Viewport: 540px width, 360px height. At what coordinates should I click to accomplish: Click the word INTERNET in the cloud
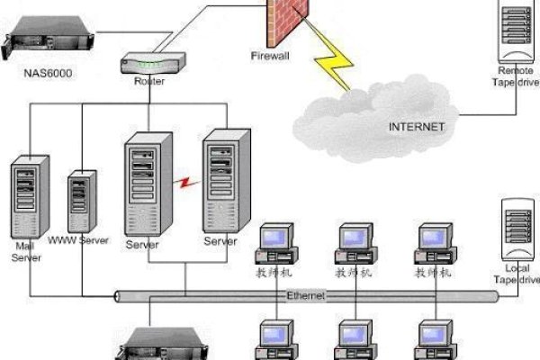pyautogui.click(x=416, y=127)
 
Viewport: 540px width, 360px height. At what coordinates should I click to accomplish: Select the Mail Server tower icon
pyautogui.click(x=24, y=198)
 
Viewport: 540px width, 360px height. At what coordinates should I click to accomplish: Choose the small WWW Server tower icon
pyautogui.click(x=81, y=203)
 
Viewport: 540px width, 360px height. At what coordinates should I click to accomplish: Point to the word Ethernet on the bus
pyautogui.click(x=306, y=295)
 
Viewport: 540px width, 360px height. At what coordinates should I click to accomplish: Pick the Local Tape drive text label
pyautogui.click(x=517, y=274)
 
